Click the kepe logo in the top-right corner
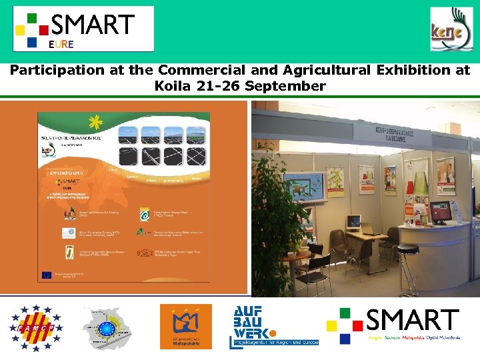(451, 29)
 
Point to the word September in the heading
(285, 86)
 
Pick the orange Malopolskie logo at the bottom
(185, 327)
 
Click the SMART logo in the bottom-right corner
(393, 325)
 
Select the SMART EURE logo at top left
(83, 29)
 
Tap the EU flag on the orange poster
(47, 274)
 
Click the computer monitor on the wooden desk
(353, 222)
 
